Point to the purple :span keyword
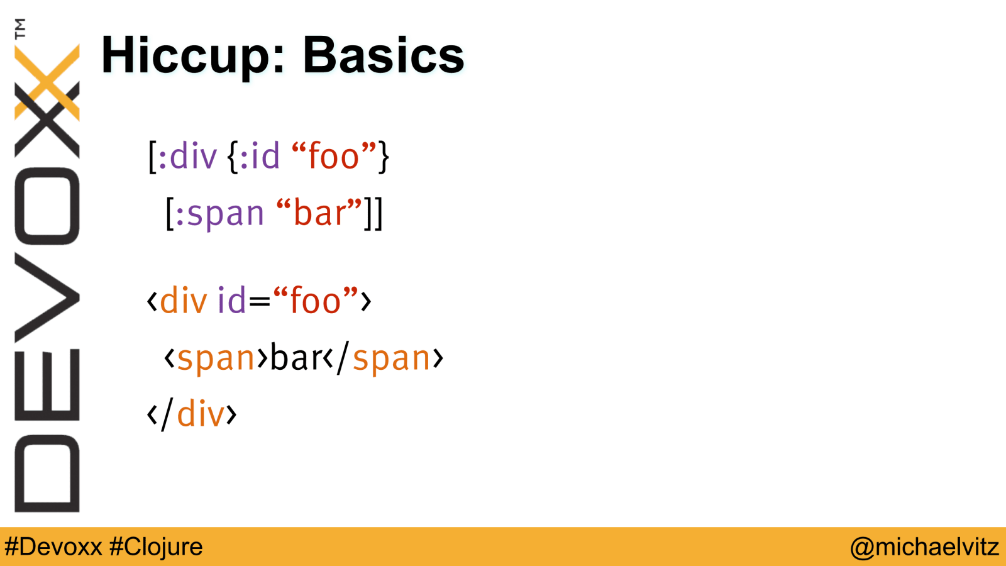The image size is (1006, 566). pos(219,213)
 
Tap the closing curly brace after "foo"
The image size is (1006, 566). pos(383,157)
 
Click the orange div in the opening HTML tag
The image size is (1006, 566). pos(184,299)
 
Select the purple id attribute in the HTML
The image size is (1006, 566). pos(231,299)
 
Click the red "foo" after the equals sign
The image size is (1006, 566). pos(315,299)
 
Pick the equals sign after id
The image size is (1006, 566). pos(260,302)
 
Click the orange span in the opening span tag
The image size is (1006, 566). pos(216,358)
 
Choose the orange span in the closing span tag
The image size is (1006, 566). pos(391,358)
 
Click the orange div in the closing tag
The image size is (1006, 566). pos(201,413)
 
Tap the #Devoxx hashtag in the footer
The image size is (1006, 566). pos(53,547)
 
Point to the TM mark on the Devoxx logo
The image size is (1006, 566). pos(20,29)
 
